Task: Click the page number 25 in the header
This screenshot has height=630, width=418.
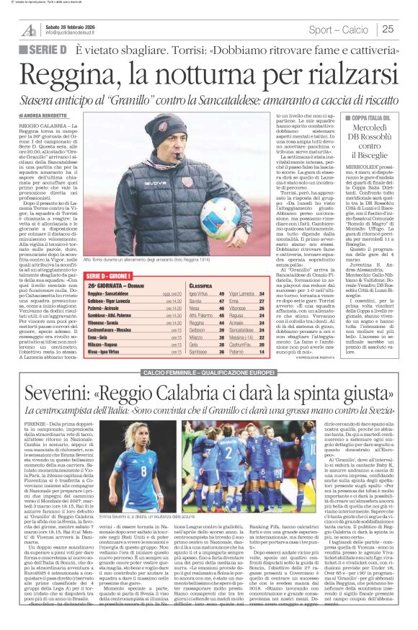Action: tap(388, 29)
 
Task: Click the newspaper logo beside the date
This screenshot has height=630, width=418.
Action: tap(30, 29)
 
